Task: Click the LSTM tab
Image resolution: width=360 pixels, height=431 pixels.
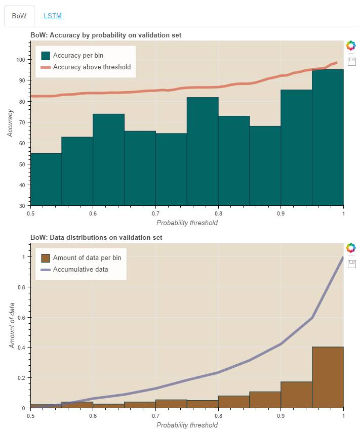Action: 53,16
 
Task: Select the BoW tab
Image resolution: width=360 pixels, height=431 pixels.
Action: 19,16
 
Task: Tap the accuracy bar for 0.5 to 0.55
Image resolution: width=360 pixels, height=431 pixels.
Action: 46,180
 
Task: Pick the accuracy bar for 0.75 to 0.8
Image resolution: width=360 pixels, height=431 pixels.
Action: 203,152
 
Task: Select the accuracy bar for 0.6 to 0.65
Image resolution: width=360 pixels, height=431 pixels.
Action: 108,160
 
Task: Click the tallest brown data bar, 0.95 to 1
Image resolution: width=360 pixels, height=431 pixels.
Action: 328,377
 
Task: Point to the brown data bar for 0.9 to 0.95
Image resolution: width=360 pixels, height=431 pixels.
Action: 296,395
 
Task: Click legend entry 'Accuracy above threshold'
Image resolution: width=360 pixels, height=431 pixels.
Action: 92,67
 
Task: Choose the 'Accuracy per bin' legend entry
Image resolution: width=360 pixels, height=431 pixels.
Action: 78,55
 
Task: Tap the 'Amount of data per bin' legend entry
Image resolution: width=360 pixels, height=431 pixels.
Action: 87,257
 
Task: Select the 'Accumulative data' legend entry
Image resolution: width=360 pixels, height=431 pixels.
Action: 81,269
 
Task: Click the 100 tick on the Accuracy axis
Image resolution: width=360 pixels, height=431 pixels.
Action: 21,60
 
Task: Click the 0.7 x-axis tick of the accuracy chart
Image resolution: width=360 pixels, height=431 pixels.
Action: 155,213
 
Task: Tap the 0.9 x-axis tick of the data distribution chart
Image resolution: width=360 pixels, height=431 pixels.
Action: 281,415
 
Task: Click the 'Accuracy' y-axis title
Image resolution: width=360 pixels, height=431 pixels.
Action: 10,123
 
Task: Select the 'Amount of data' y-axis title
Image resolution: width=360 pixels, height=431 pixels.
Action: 12,325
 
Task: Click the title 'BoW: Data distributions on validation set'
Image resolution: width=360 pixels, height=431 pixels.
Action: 96,237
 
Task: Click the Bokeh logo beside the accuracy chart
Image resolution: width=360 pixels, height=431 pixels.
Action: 350,46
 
